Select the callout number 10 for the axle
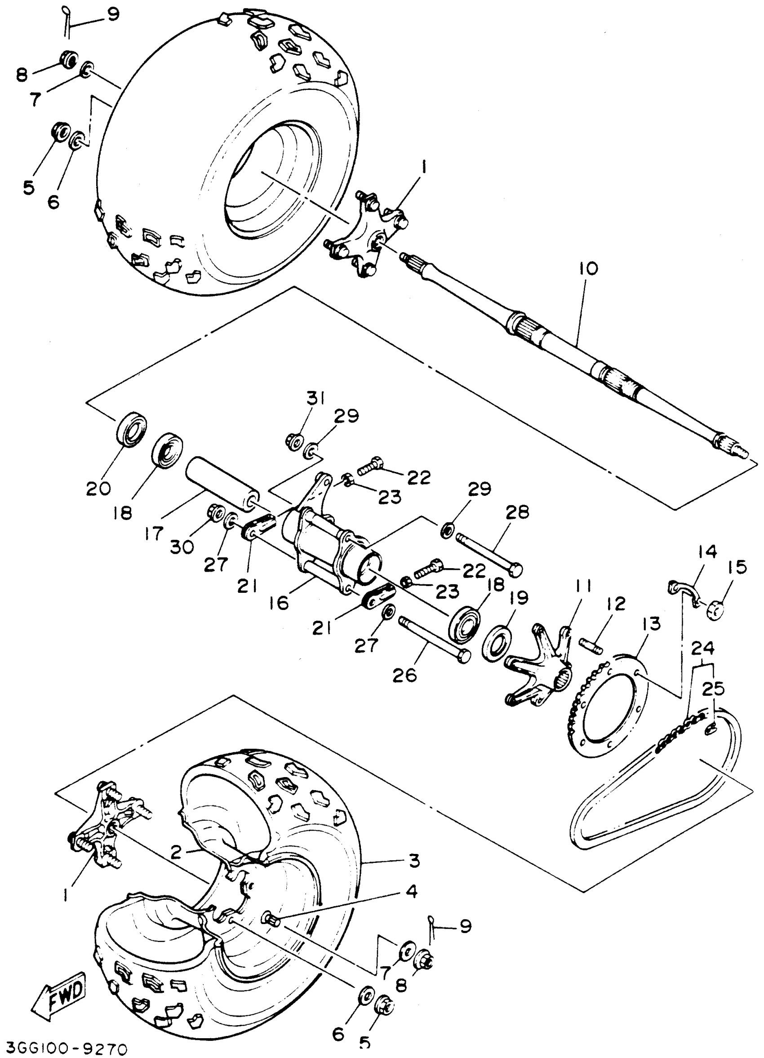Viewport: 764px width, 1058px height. tap(588, 269)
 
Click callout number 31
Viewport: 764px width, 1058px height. tap(316, 399)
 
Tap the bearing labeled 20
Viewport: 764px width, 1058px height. tap(131, 427)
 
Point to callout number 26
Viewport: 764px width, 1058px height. tap(404, 675)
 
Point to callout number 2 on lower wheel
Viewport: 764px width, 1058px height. tap(175, 853)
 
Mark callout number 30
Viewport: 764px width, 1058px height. tap(182, 547)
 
